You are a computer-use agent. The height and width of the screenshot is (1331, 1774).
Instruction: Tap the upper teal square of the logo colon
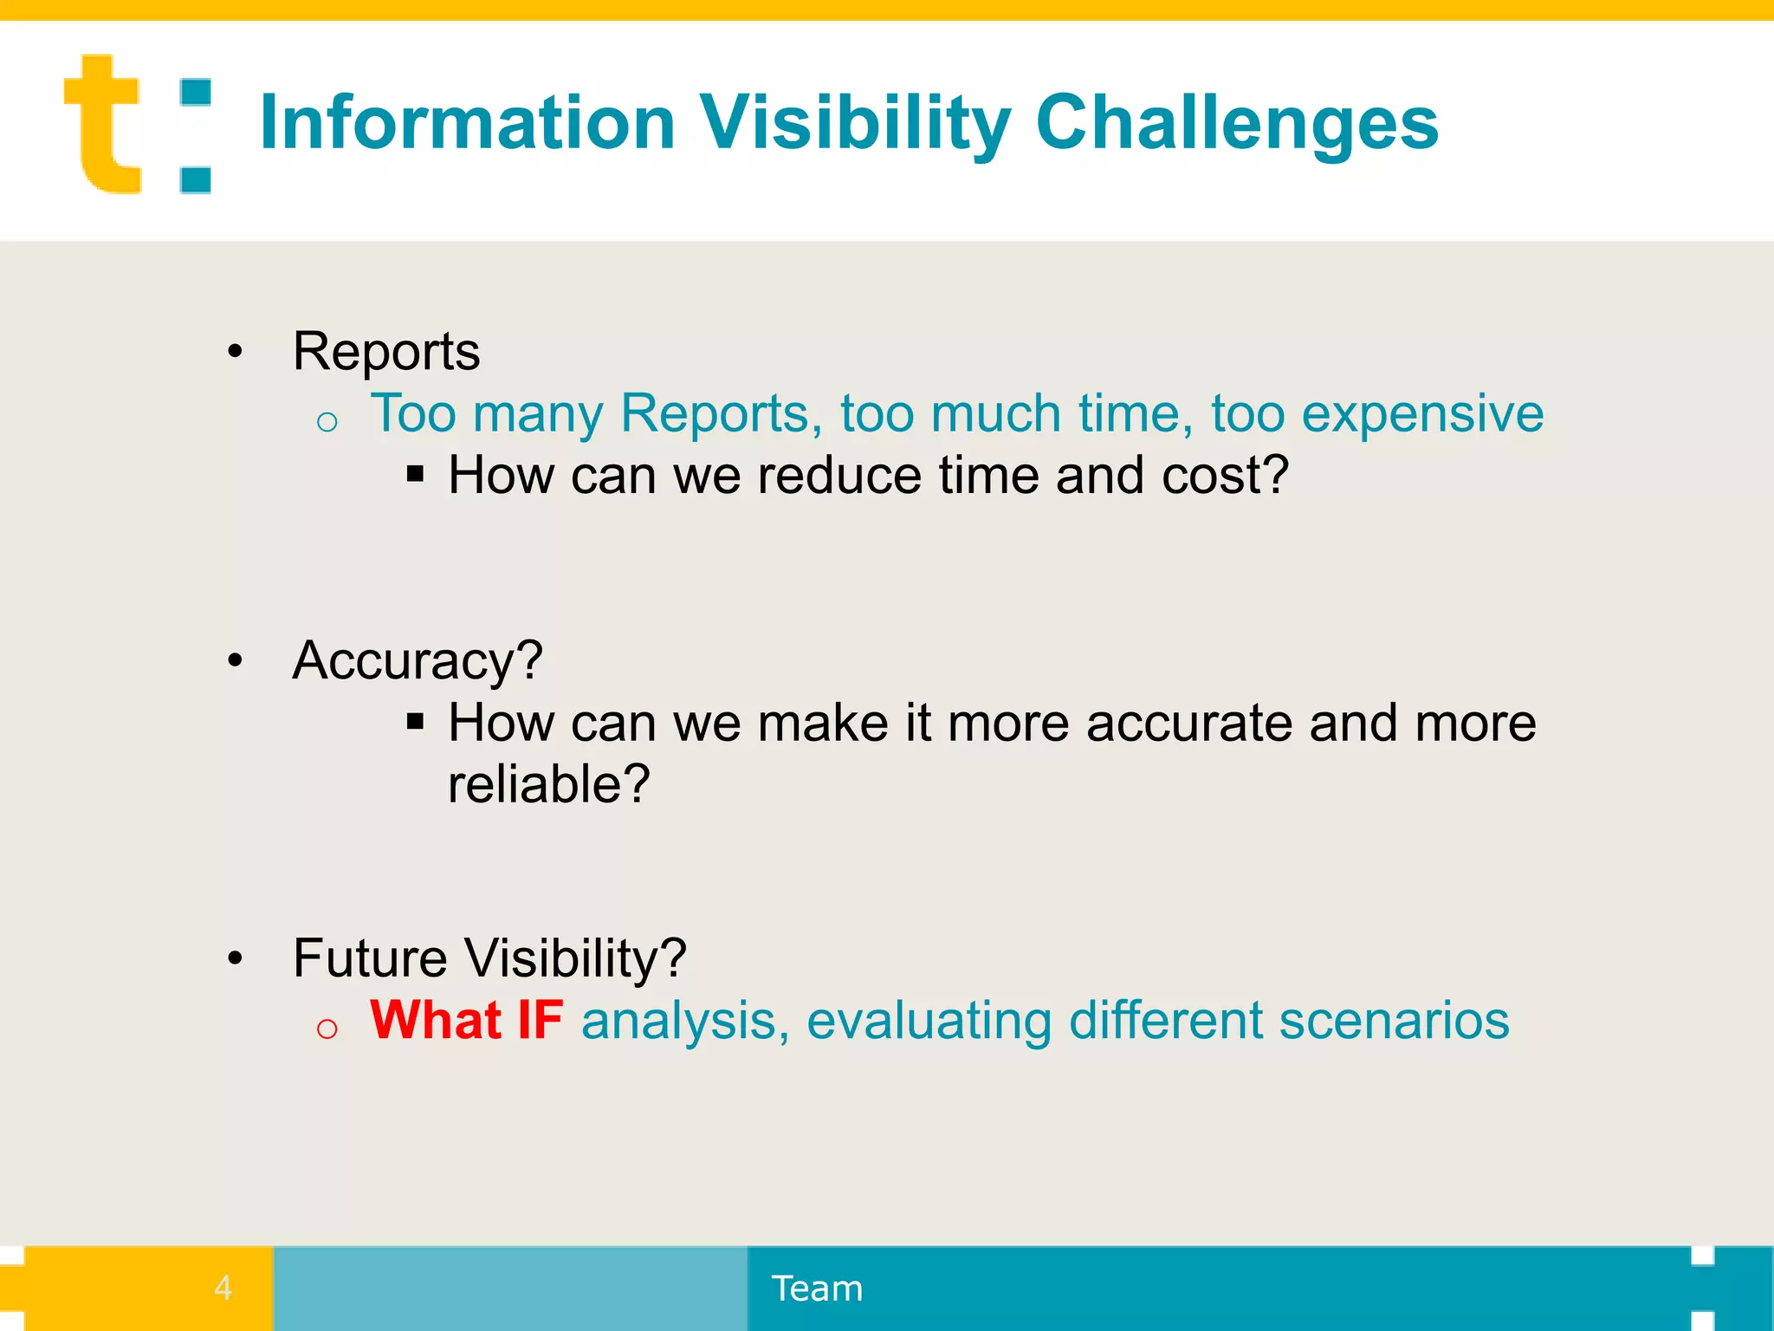tap(196, 93)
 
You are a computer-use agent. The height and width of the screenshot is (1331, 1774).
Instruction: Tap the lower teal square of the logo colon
tap(196, 179)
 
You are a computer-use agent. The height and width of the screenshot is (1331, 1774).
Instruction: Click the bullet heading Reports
tap(386, 352)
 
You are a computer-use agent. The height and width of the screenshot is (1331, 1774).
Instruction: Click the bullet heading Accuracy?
tap(418, 660)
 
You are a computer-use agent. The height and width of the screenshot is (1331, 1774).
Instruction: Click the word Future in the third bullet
tap(370, 958)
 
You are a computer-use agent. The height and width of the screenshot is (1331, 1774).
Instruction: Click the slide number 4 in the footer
tap(223, 1288)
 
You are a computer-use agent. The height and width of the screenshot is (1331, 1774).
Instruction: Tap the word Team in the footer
tap(817, 1289)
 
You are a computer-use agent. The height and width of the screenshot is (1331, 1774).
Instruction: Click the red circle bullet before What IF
tap(327, 1029)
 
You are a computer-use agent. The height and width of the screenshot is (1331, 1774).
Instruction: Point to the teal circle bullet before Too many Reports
tap(327, 422)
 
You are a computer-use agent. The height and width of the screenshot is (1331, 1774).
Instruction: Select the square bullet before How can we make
tap(415, 721)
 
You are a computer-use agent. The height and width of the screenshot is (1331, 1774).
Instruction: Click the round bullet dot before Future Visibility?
tap(235, 958)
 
